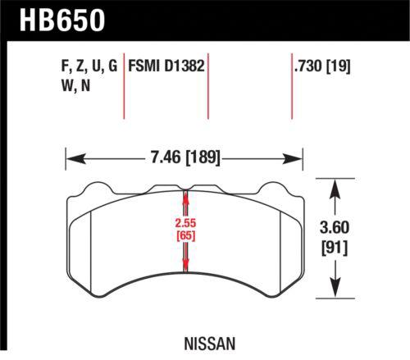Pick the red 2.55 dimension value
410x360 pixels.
point(186,223)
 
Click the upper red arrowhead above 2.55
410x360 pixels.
point(186,197)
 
